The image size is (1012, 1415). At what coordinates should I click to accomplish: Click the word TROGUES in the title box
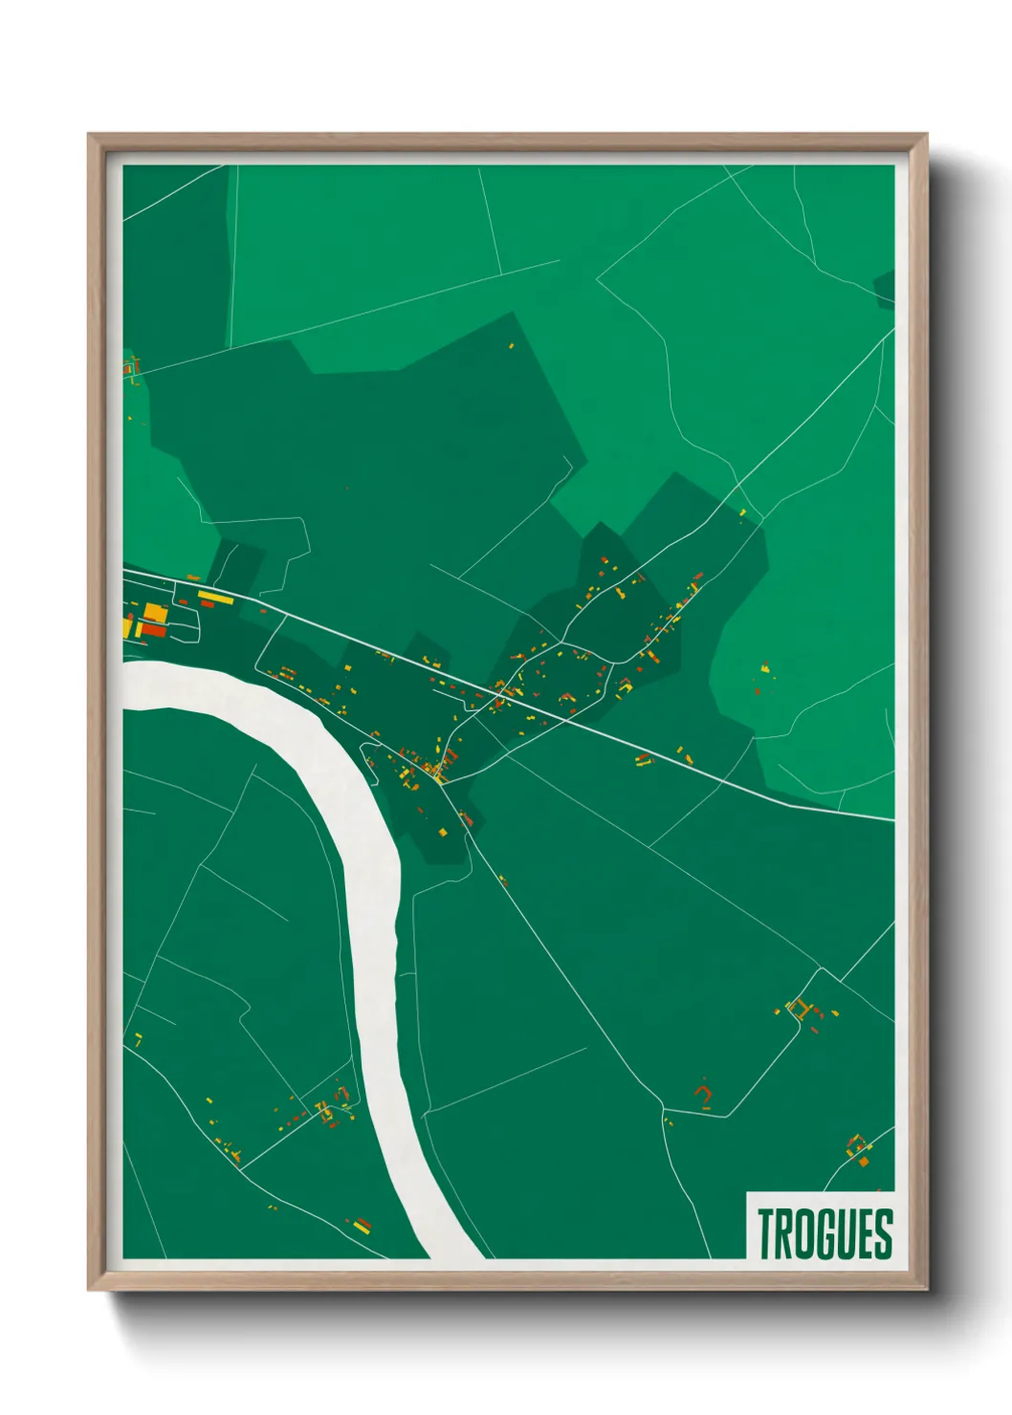pos(825,1233)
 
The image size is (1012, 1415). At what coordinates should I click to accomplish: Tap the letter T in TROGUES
pos(766,1233)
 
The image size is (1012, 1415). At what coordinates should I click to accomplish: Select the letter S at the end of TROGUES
pos(884,1233)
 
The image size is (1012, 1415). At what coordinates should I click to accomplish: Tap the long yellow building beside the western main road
pos(214,596)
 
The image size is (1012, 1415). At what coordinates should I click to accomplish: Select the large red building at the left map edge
pos(152,629)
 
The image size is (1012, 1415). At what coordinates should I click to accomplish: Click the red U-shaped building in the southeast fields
pos(705,1094)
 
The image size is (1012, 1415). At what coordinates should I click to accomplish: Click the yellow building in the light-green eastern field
pos(765,666)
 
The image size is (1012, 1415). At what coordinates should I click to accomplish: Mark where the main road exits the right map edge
pos(892,819)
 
